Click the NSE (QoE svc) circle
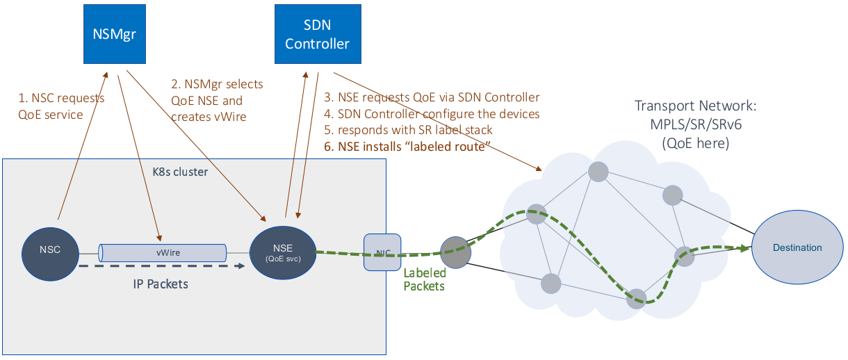click(282, 252)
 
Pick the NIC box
click(378, 252)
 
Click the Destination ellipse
click(797, 248)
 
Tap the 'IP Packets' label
click(160, 284)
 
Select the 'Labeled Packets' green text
click(424, 279)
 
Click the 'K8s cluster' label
click(179, 171)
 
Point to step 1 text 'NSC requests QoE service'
click(61, 106)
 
